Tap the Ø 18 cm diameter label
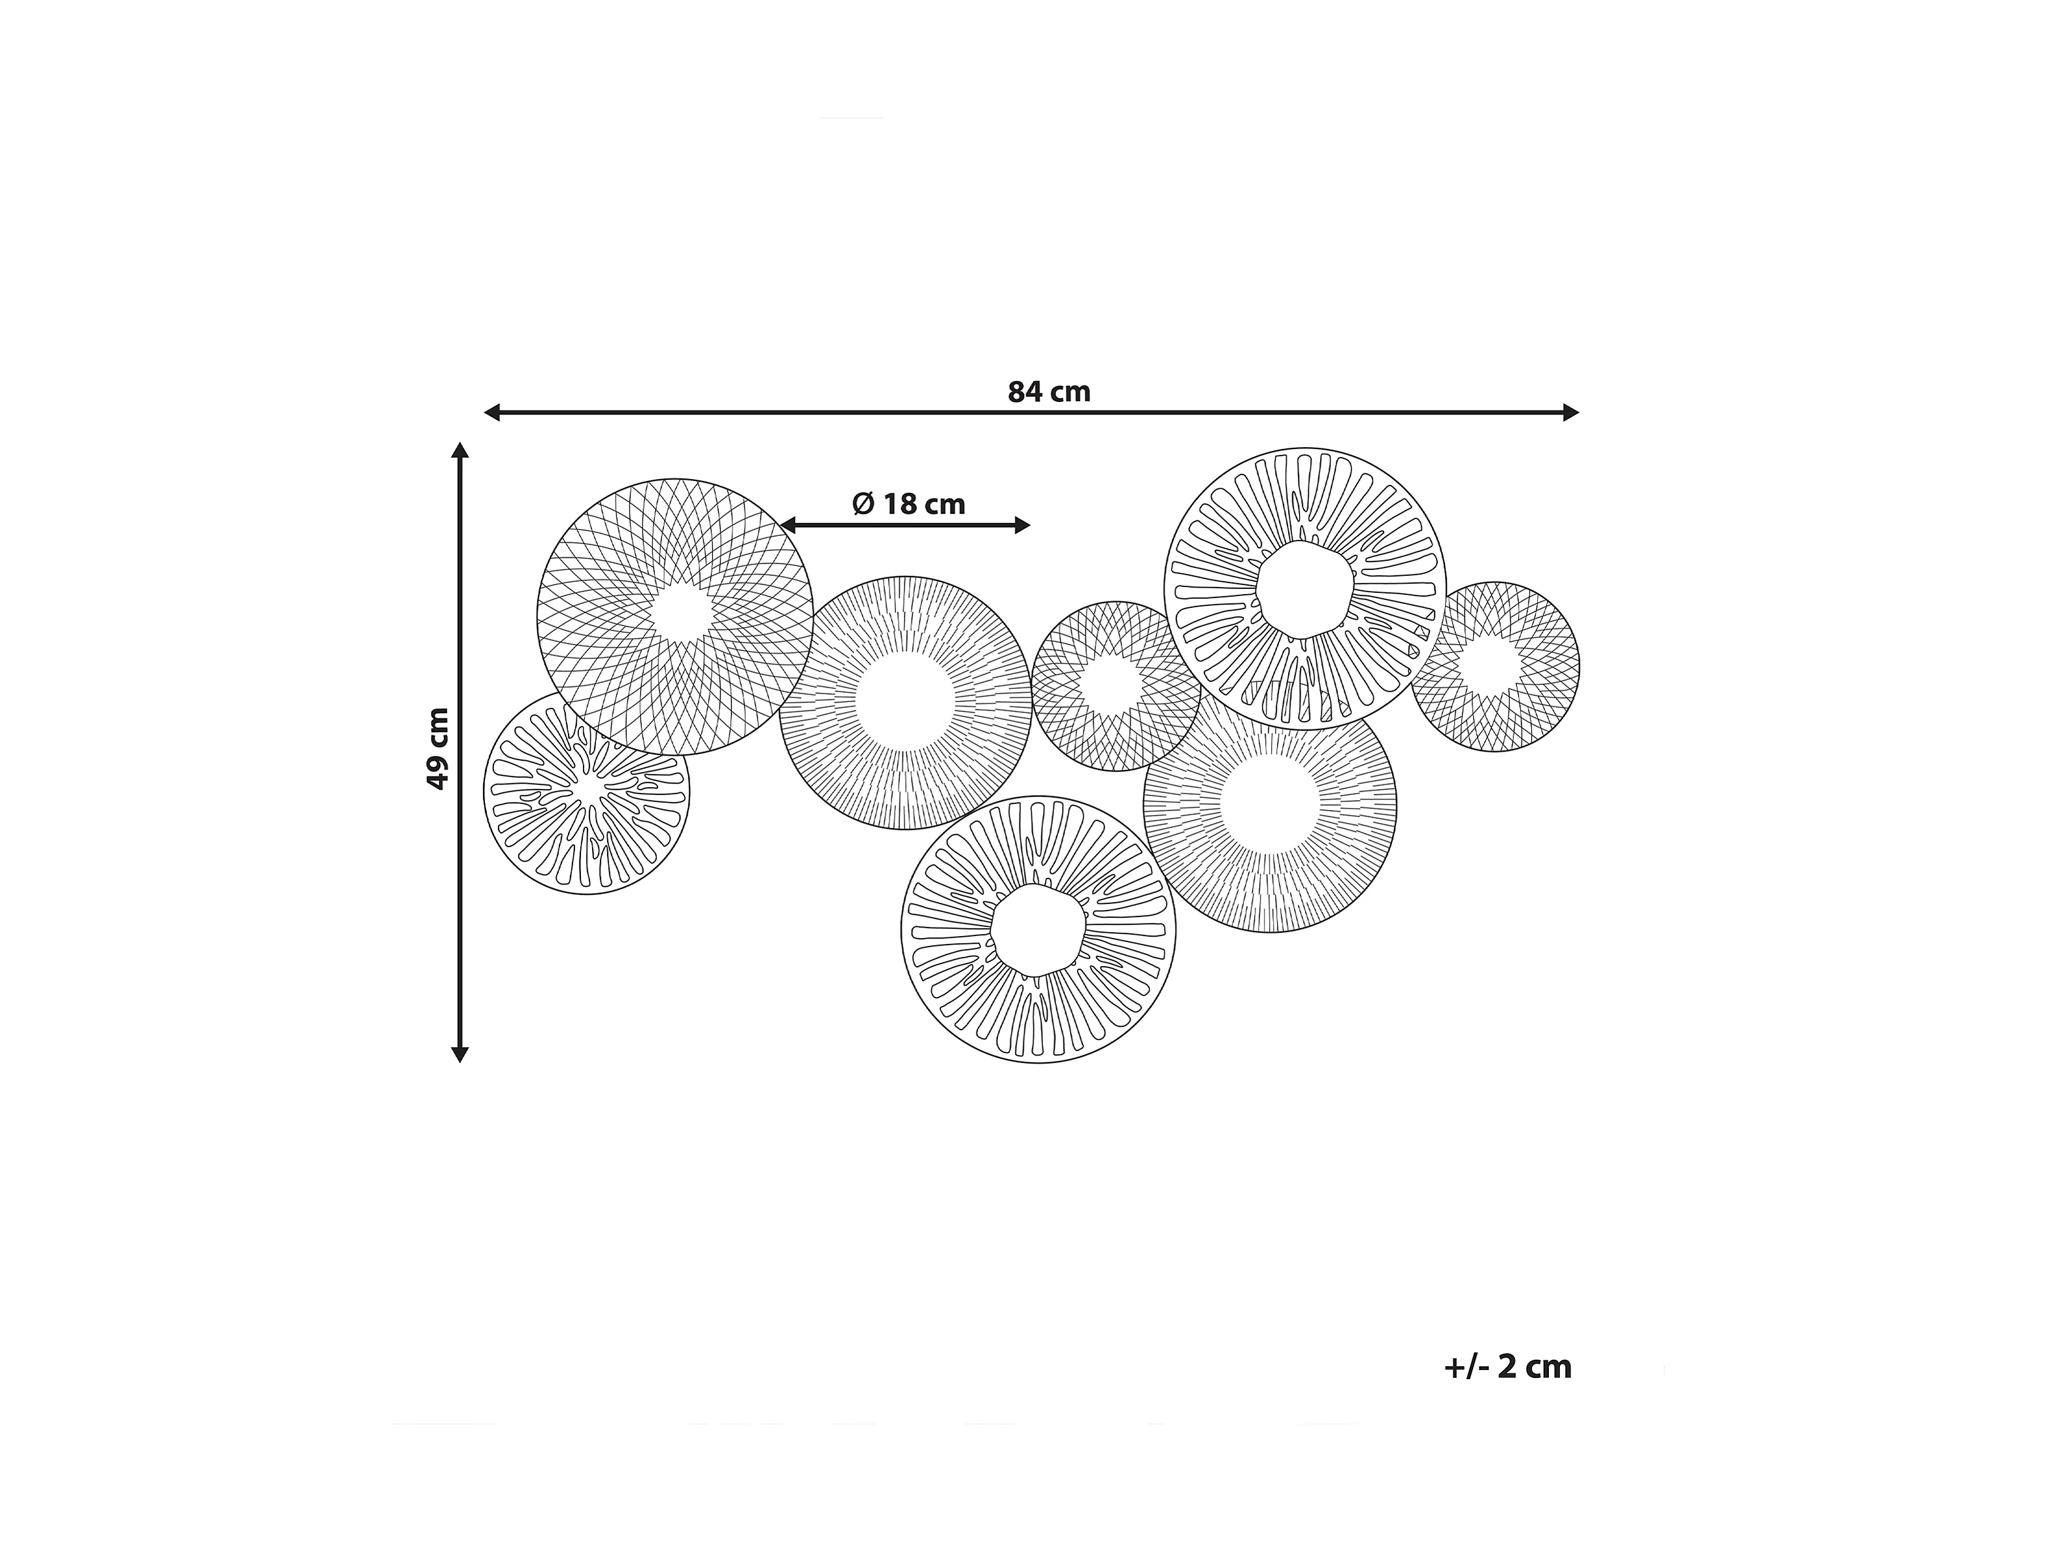coord(909,504)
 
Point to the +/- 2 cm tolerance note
coord(1508,1367)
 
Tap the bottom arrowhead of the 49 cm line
coord(459,1053)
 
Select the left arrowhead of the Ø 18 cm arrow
coord(788,526)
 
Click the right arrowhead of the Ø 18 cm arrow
coord(1022,526)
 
